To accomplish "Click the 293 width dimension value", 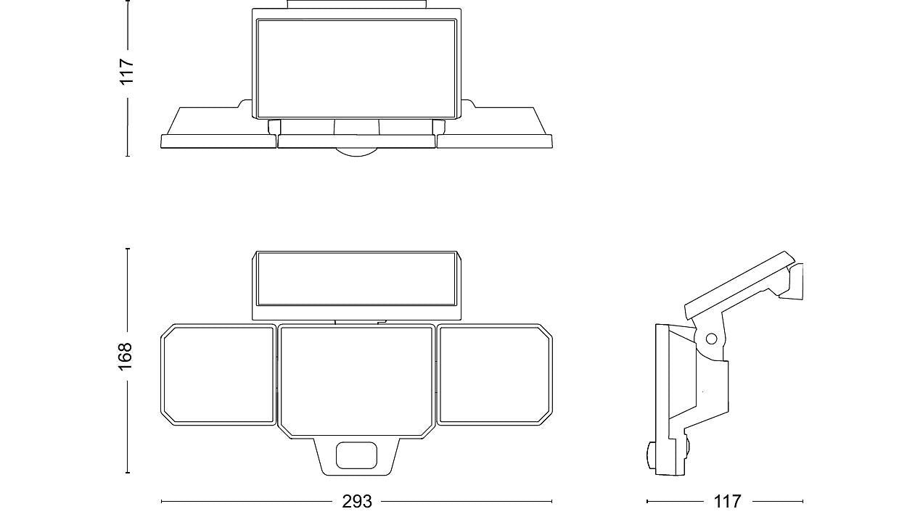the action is pos(357,502).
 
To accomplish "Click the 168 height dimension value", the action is pos(126,356).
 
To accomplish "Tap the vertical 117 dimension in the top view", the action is pos(126,72).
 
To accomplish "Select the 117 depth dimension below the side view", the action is pos(727,502).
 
